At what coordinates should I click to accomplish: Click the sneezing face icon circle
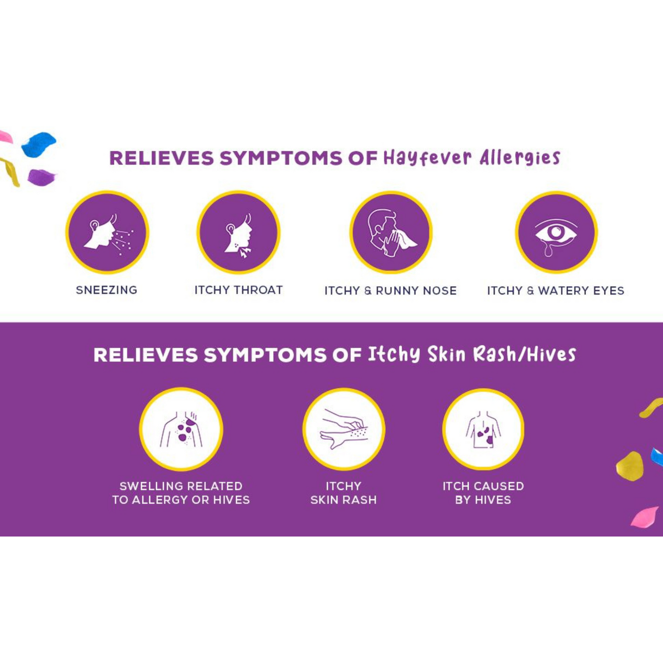107,232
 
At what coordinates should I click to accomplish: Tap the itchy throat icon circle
238,232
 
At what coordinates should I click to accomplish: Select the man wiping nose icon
391,232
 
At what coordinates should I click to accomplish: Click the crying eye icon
556,232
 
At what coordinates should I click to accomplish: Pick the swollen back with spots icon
181,429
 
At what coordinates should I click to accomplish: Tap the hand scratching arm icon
344,429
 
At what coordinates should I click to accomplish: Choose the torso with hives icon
483,429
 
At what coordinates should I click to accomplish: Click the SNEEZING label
106,290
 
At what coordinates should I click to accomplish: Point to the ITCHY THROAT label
239,290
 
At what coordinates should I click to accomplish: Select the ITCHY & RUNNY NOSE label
390,290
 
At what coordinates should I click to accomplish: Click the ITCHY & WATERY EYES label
556,290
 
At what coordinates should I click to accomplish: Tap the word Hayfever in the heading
427,158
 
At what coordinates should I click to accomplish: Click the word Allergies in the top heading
520,158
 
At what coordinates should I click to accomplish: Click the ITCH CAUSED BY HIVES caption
483,493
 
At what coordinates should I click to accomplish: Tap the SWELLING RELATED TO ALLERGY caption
181,493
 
